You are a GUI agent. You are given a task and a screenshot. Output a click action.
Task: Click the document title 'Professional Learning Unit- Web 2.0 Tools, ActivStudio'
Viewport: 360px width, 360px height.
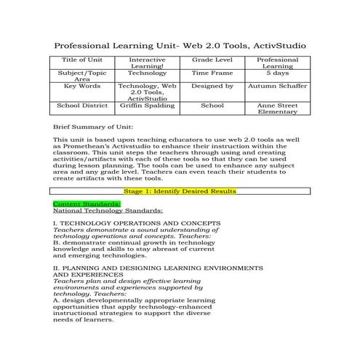(x=180, y=46)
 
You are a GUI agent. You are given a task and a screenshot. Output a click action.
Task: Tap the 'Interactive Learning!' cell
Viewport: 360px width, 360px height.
(x=147, y=63)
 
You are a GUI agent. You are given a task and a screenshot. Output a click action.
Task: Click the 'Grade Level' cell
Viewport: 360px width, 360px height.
(x=212, y=59)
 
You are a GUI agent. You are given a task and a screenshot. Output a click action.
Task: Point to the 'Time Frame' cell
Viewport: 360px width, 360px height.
(x=212, y=73)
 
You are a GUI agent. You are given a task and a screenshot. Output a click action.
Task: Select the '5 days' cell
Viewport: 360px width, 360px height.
(x=277, y=73)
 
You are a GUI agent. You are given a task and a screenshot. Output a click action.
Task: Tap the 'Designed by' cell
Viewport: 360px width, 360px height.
(x=212, y=86)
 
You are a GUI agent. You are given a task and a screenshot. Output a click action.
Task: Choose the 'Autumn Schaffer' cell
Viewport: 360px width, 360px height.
(x=277, y=86)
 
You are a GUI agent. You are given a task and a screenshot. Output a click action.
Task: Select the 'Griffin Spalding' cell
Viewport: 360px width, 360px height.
(x=147, y=105)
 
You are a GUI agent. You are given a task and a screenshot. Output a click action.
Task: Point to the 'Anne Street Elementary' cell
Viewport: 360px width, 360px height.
(x=277, y=108)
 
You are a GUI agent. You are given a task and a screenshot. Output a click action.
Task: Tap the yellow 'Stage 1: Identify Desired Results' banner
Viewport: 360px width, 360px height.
(x=180, y=191)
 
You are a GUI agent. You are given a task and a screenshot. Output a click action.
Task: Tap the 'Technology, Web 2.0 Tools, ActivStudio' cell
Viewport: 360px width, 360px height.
(x=147, y=92)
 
